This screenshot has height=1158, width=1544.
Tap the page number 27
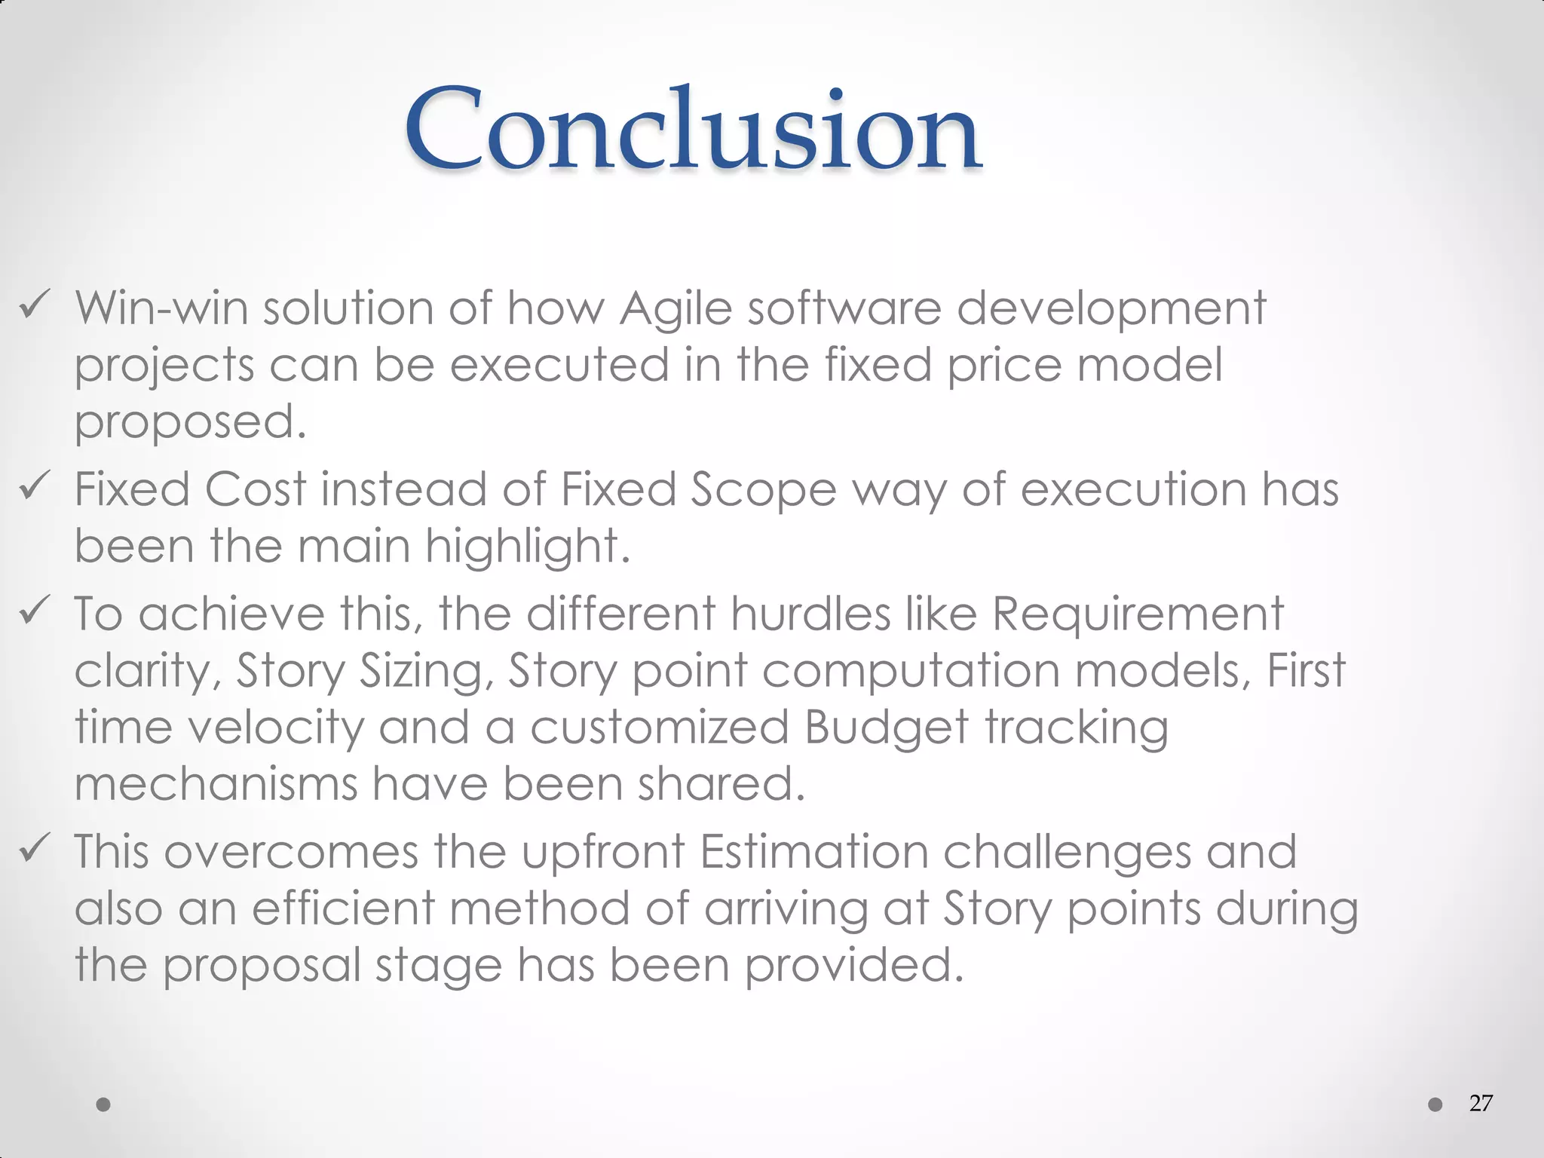pos(1481,1103)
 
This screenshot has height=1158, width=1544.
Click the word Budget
pos(886,728)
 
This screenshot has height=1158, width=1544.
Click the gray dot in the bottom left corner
pos(104,1104)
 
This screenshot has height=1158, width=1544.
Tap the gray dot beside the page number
pos(1435,1104)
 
